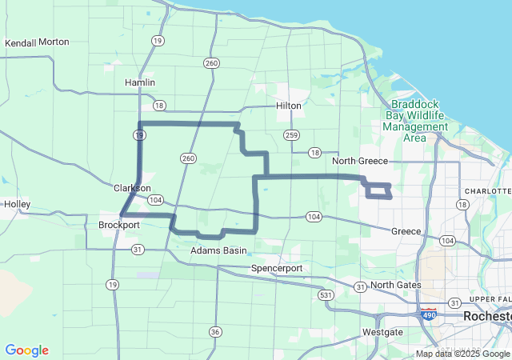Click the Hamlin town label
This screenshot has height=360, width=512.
click(140, 82)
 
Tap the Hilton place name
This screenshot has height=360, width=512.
click(288, 105)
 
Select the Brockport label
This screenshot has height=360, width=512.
click(119, 225)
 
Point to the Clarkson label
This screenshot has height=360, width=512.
click(132, 189)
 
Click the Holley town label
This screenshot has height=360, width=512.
click(17, 204)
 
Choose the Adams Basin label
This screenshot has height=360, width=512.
click(218, 250)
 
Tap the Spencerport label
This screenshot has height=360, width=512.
click(277, 267)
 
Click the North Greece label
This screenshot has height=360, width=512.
click(360, 161)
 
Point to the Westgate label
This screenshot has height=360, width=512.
click(382, 331)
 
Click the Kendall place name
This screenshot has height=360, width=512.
click(20, 42)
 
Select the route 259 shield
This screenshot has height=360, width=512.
click(291, 134)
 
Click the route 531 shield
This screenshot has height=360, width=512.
click(325, 295)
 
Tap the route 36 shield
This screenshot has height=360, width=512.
click(214, 331)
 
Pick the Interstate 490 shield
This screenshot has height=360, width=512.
click(430, 314)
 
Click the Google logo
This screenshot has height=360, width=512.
click(26, 350)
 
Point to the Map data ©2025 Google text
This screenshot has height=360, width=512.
click(462, 354)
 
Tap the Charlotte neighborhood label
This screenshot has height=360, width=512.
click(489, 191)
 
